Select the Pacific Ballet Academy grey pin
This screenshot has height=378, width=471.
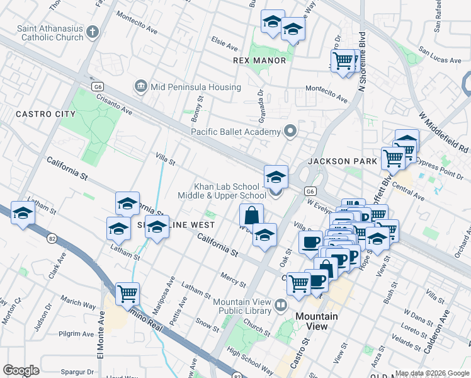coord(290,131)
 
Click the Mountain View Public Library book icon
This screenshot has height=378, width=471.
coord(281,306)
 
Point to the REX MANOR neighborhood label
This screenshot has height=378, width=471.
coord(259,60)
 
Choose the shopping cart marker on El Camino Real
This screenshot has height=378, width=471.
coord(128,292)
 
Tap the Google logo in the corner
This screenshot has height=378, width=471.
coord(21,370)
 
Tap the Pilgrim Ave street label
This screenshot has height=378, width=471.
coord(76,334)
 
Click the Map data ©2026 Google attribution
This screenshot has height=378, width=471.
coord(432,373)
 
